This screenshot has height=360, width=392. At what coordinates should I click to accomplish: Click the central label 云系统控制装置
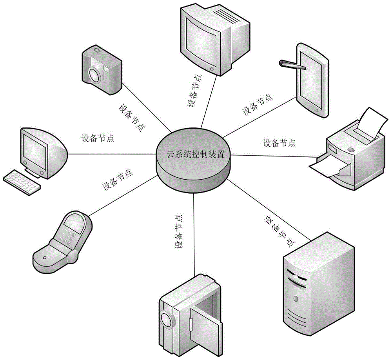[x=194, y=154]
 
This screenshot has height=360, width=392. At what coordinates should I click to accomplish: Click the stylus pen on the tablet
[x=292, y=65]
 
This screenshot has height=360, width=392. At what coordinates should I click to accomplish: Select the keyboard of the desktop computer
[x=23, y=182]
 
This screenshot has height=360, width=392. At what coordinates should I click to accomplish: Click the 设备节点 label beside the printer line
[x=279, y=143]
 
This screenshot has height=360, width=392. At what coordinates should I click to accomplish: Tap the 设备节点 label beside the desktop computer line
[x=98, y=138]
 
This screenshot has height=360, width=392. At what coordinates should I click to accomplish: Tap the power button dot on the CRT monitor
[x=213, y=69]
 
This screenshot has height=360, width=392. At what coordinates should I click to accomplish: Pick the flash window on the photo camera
[x=106, y=69]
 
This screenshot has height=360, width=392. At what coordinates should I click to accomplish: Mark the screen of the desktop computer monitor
[x=34, y=149]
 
